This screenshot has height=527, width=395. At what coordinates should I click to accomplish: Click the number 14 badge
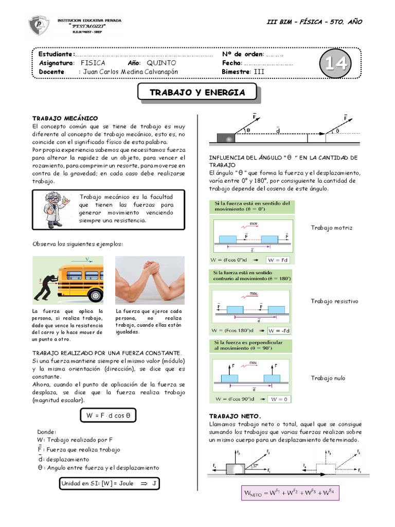coord(335,64)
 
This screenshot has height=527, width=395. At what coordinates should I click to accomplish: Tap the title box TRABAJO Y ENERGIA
coord(197,93)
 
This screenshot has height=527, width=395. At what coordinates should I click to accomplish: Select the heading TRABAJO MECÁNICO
coord(65,118)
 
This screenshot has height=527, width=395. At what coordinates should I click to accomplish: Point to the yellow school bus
coord(77,279)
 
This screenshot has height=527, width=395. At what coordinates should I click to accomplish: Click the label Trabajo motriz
coord(332,227)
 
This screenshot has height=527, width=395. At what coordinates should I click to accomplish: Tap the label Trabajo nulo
coord(328,378)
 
